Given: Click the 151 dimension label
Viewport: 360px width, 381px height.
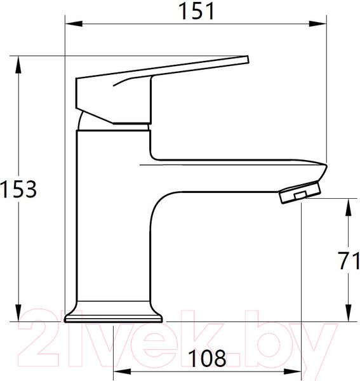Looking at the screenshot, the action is (x=196, y=11).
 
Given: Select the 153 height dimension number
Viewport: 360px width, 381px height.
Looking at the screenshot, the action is (x=18, y=189).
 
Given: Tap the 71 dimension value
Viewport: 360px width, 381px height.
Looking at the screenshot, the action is (x=349, y=261).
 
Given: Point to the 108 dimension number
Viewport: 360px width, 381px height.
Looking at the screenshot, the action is (x=207, y=358).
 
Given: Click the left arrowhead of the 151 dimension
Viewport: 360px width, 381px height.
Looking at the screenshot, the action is (x=74, y=24).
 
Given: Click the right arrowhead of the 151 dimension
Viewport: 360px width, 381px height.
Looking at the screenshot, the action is (x=317, y=24).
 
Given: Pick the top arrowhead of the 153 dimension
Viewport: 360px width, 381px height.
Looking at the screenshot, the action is (x=18, y=65).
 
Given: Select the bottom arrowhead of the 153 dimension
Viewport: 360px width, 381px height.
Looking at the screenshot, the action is (x=18, y=312).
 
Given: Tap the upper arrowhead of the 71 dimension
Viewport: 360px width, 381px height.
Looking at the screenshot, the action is (x=349, y=207).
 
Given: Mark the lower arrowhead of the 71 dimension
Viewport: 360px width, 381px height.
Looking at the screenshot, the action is (x=349, y=313).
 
